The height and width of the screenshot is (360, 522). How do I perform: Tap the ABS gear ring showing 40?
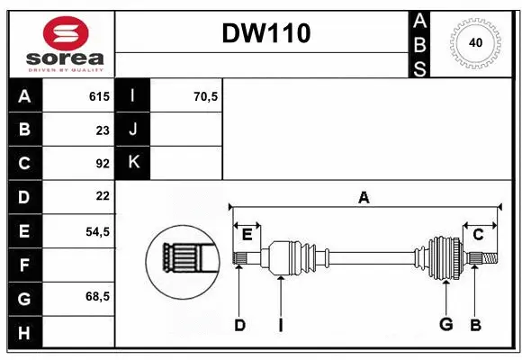click(x=474, y=42)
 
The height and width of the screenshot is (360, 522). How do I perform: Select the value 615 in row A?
click(x=98, y=96)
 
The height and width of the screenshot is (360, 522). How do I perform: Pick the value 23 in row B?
click(x=102, y=130)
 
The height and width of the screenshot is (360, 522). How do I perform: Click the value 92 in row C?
click(x=102, y=163)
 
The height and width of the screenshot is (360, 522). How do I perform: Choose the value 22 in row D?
click(x=102, y=196)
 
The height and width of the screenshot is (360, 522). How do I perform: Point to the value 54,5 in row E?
click(x=97, y=231)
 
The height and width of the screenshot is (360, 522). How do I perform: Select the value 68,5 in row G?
click(x=97, y=296)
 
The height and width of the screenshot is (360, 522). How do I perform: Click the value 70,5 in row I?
click(x=205, y=96)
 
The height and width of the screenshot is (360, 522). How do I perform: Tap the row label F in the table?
click(x=24, y=265)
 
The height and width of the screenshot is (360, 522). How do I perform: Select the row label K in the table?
click(x=133, y=163)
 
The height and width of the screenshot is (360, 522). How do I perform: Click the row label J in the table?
click(x=133, y=130)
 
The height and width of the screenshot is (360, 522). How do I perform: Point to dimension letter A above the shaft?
click(x=364, y=197)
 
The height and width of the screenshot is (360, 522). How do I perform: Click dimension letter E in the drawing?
click(x=247, y=234)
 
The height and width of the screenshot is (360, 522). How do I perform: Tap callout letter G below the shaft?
click(x=445, y=325)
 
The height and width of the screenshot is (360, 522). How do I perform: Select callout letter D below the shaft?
click(x=239, y=325)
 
